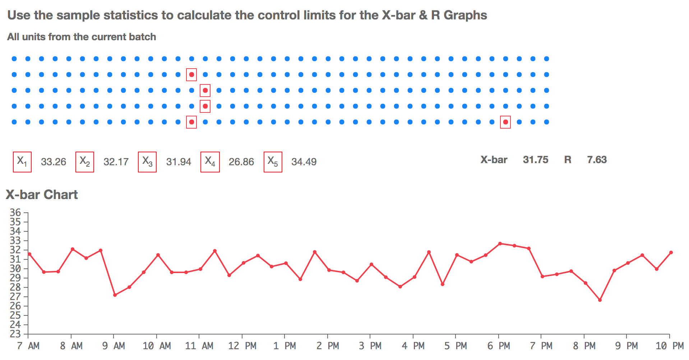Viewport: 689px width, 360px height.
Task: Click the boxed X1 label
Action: [x=22, y=162]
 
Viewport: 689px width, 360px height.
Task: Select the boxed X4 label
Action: [x=210, y=162]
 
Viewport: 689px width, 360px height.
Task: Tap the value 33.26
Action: [x=54, y=162]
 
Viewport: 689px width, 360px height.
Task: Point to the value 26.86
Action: [x=241, y=162]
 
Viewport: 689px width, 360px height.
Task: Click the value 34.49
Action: [x=304, y=162]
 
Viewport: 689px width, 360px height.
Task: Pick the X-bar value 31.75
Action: [x=536, y=160]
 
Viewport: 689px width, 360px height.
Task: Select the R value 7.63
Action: [x=597, y=160]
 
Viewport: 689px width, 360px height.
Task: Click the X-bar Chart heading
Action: [x=42, y=195]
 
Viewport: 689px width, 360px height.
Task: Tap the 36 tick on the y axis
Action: [x=15, y=212]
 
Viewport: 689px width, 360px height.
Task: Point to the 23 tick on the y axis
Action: [x=15, y=334]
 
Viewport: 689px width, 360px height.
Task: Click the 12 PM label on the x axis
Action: [x=242, y=346]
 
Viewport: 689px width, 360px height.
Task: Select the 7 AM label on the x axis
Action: [x=28, y=346]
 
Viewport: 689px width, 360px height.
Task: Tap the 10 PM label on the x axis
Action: [x=669, y=346]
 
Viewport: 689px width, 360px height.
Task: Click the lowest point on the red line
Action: [x=600, y=300]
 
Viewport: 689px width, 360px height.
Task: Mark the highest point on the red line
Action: [x=500, y=244]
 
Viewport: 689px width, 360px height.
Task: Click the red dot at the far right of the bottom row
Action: [x=505, y=122]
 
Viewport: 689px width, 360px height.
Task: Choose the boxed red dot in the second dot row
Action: [x=191, y=75]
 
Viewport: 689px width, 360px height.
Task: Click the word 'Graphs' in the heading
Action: [x=465, y=15]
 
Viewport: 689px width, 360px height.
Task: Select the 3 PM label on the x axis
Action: [x=370, y=346]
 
